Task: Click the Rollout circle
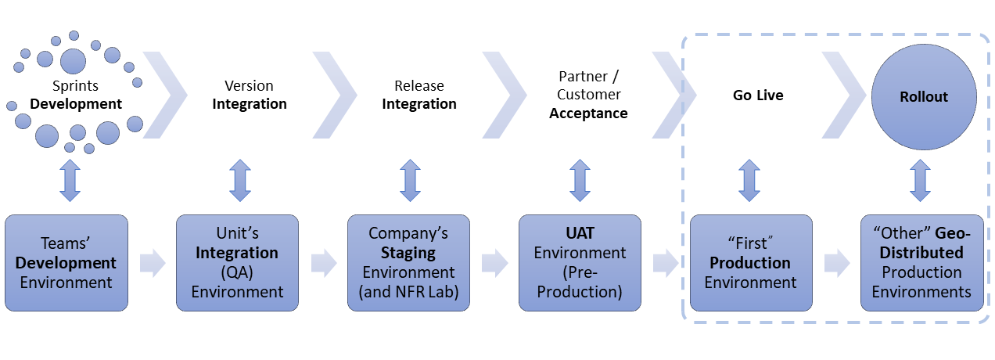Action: click(924, 97)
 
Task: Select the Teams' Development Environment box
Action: click(66, 263)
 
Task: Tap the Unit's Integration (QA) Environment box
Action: click(237, 263)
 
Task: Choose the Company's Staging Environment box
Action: click(408, 263)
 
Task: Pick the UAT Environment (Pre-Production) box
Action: click(580, 263)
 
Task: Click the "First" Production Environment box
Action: click(751, 263)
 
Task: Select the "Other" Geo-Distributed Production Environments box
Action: click(922, 263)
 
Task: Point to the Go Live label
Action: click(758, 95)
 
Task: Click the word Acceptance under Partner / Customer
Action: click(588, 113)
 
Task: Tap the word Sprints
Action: click(76, 86)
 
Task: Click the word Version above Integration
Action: click(249, 85)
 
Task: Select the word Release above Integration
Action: click(419, 85)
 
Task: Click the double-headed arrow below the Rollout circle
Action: click(921, 181)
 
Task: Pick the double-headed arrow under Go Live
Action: click(749, 181)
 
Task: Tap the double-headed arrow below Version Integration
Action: click(240, 181)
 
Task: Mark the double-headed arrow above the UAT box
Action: click(580, 181)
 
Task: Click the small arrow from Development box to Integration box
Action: click(153, 263)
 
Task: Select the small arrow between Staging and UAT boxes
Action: click(495, 263)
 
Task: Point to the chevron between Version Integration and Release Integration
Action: click(335, 95)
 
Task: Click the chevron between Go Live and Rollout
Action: click(844, 95)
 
